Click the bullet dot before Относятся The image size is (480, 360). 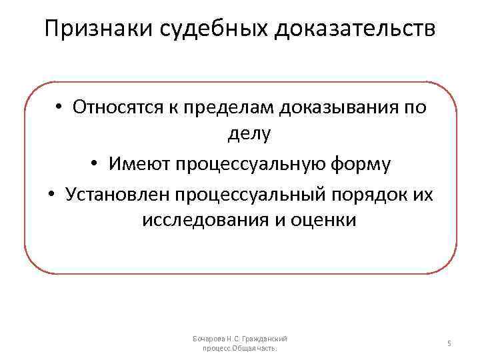[x=59, y=107]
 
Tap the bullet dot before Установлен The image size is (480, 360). [x=51, y=193]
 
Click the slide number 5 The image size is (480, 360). [x=449, y=343]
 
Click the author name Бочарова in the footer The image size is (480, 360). [x=208, y=339]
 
